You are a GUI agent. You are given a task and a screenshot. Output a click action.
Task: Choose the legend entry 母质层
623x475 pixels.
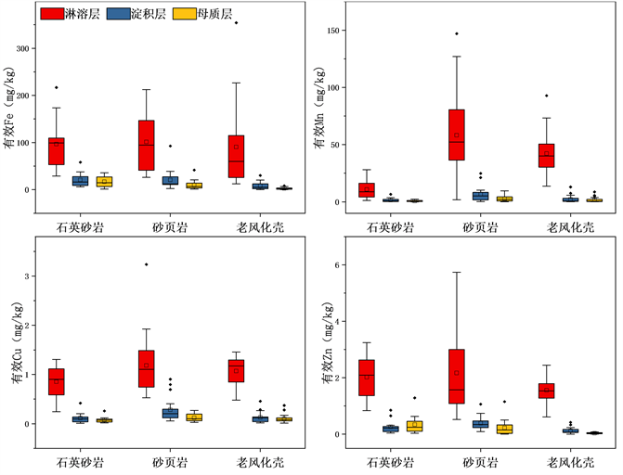(201, 14)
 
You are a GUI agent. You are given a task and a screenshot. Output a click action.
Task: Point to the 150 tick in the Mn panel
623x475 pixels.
(331, 31)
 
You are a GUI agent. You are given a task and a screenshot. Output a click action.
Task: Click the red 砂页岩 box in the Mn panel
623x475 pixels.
(456, 135)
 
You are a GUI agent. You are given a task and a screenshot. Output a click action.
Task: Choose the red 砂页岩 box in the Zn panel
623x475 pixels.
(456, 376)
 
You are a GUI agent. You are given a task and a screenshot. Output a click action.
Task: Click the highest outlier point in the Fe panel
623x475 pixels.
(236, 22)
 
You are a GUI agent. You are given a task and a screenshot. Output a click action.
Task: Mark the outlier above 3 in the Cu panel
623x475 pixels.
(147, 264)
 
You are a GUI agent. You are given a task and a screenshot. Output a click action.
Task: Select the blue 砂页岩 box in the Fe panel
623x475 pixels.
(170, 180)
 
